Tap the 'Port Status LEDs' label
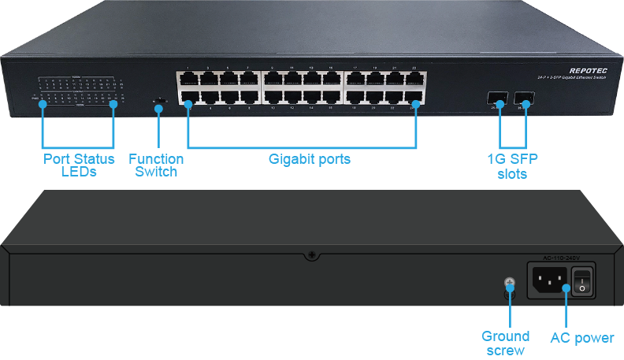coord(80,165)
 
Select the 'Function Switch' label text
coord(156,165)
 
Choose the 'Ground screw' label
coord(505,343)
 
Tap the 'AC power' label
coord(581,338)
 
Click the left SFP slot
coord(497,100)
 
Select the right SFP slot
coord(523,100)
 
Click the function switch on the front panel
coord(160,100)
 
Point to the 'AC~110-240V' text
coord(562,258)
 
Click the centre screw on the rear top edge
coord(312,255)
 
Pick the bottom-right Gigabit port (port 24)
coord(414,98)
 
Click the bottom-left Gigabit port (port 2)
coord(188,98)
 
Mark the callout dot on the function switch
coord(159,106)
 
